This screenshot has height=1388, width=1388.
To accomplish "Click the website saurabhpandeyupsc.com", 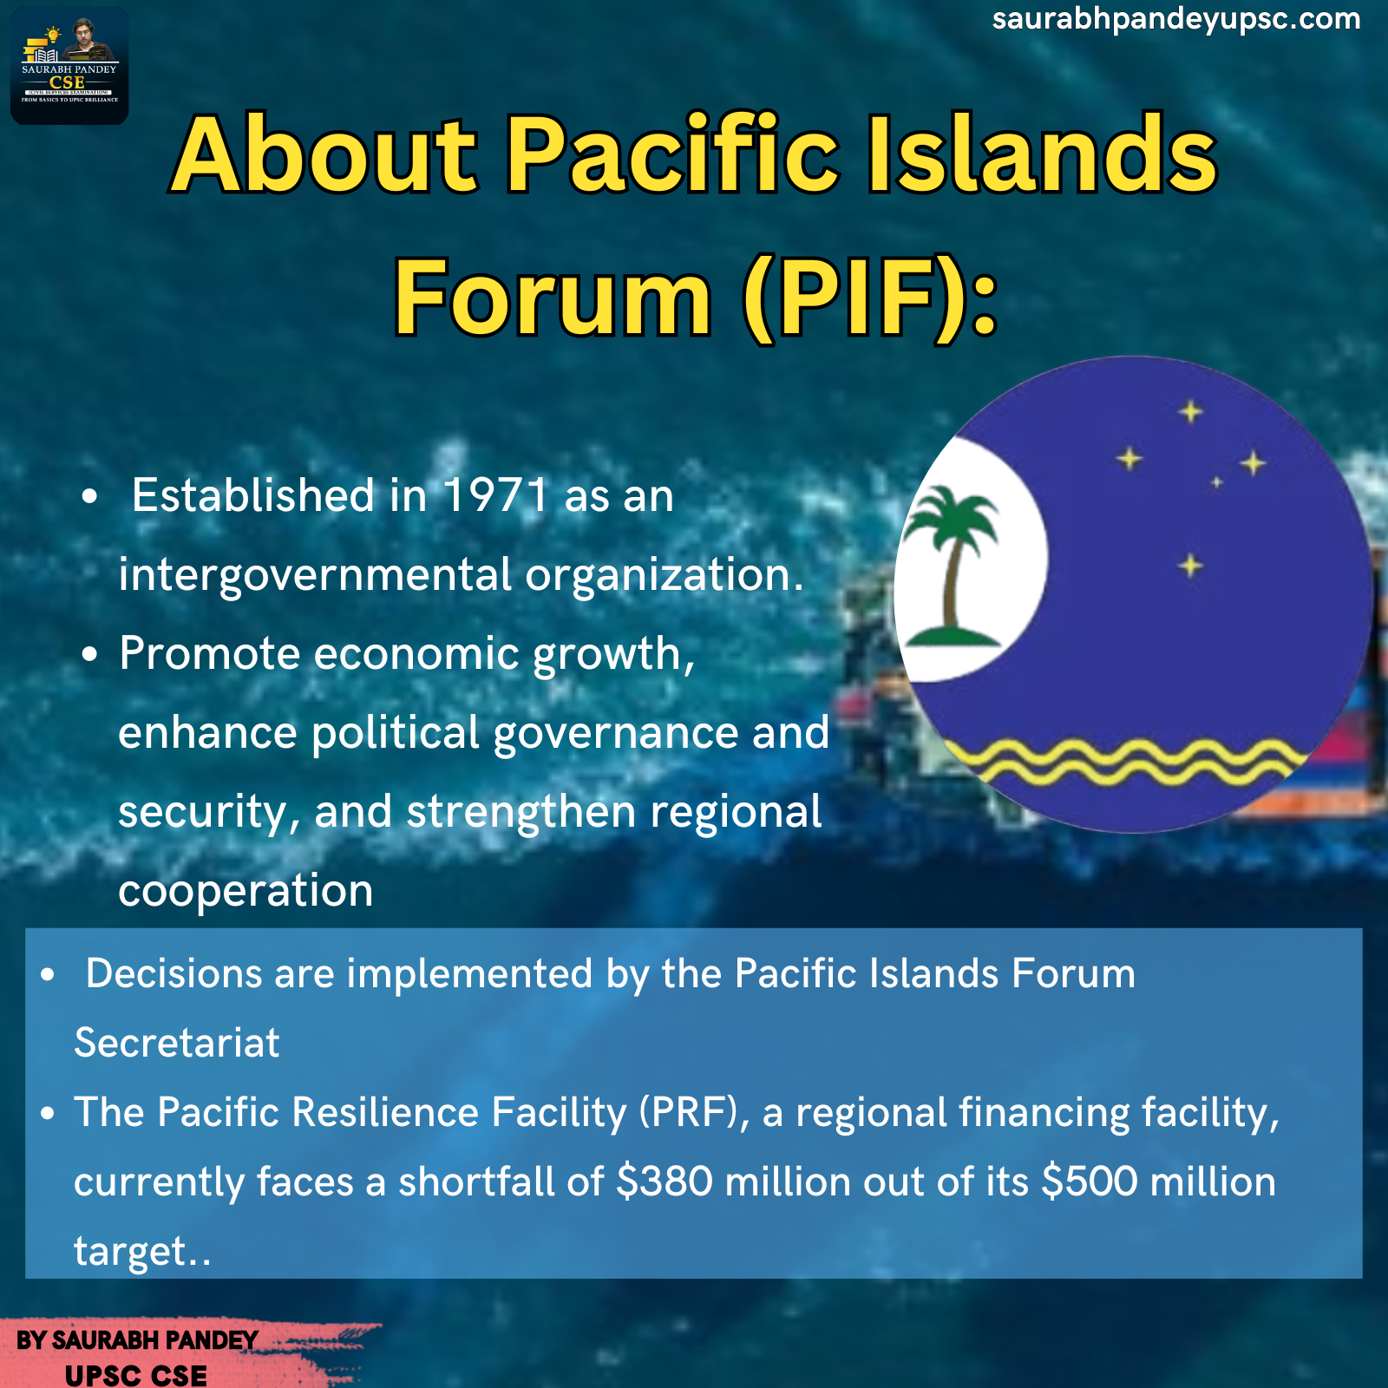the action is pos(1176,20).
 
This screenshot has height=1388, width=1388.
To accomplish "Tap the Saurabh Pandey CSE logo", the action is pos(69,66).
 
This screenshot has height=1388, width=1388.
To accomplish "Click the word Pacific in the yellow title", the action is pos(671,154).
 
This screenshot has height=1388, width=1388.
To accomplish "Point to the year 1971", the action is pos(495,495).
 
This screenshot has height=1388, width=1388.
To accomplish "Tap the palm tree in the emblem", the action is pos(952,567).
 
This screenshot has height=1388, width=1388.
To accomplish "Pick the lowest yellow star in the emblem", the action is pos(1191,566).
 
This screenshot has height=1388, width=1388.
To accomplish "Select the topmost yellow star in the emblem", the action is pos(1191,411).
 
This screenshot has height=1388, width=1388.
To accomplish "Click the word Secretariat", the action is pos(177,1043).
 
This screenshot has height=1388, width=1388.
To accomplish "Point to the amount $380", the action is pos(665,1182).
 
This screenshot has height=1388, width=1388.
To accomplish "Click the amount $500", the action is pos(1090,1182).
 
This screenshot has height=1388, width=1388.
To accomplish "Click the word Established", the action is pos(253,495).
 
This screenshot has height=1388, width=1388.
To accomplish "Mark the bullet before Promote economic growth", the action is pos(90,656).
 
